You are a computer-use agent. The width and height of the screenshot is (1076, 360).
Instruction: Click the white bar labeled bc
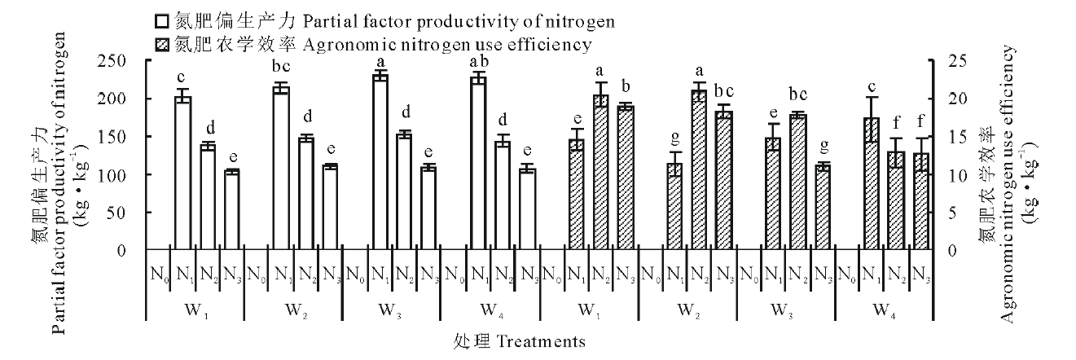[x=281, y=168]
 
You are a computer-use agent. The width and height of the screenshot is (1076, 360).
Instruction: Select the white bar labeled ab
[x=478, y=163]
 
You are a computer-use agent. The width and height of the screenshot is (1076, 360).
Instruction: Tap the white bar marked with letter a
[x=380, y=162]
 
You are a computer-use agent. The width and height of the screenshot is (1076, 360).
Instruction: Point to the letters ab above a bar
[x=478, y=62]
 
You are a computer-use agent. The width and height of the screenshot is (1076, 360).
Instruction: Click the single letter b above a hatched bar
[x=625, y=87]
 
